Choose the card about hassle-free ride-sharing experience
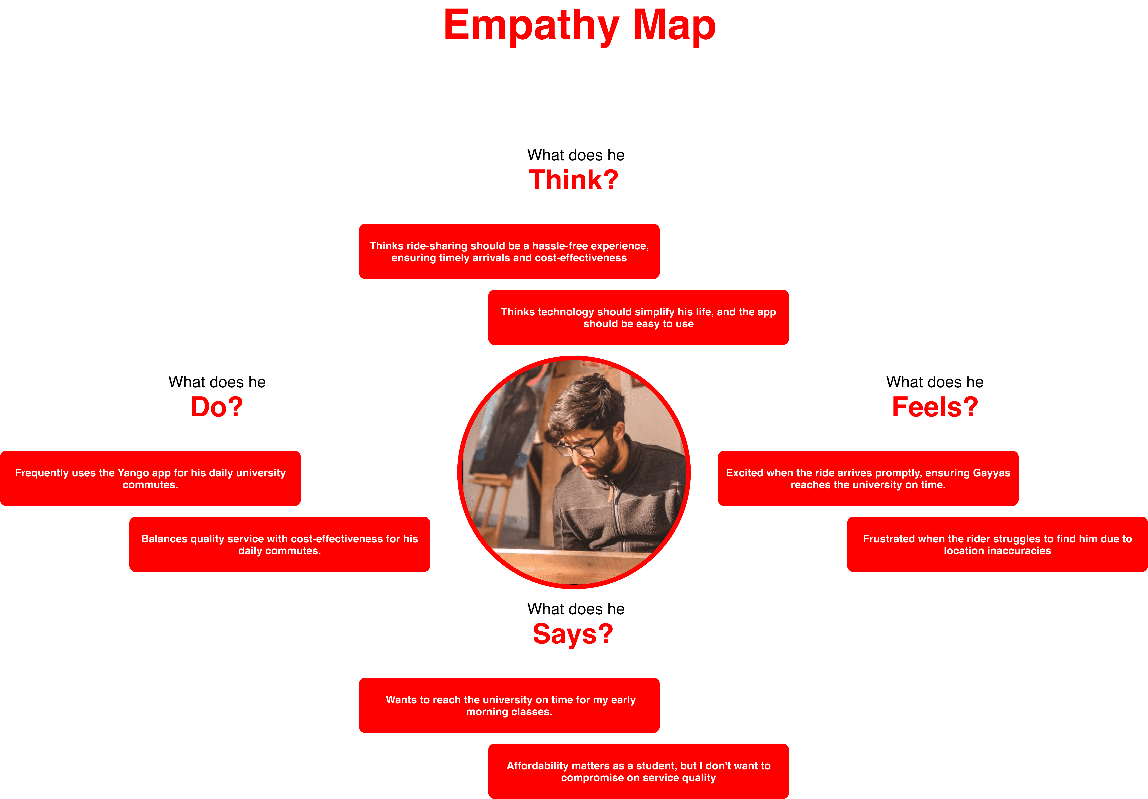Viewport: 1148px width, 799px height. pyautogui.click(x=509, y=252)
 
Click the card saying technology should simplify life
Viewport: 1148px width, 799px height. pyautogui.click(x=638, y=318)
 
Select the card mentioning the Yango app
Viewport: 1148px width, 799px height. pyautogui.click(x=150, y=479)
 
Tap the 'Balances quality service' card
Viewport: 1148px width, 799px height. pyautogui.click(x=280, y=544)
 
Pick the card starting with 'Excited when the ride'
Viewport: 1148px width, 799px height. pyautogui.click(x=868, y=479)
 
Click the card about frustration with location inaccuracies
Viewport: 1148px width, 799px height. pyautogui.click(x=997, y=544)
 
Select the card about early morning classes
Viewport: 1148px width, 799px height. pyautogui.click(x=509, y=705)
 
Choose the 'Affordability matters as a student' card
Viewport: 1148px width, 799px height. pyautogui.click(x=638, y=771)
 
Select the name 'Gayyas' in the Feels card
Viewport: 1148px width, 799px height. pyautogui.click(x=991, y=473)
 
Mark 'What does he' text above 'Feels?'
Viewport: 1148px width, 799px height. pyautogui.click(x=935, y=382)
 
